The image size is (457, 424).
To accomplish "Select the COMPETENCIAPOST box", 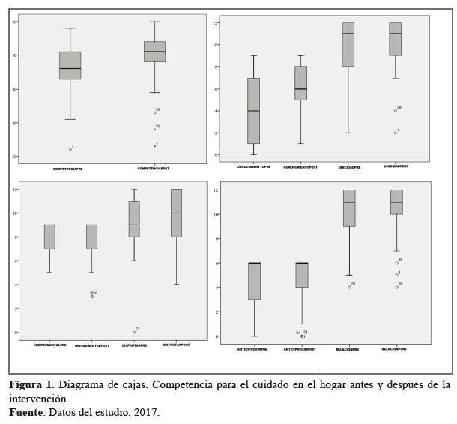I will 154,52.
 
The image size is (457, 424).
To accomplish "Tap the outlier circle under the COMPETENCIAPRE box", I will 70,149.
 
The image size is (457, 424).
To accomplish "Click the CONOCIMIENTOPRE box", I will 253,110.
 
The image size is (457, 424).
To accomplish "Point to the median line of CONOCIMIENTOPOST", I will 300,89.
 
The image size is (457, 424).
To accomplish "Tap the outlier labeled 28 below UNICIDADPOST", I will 396,111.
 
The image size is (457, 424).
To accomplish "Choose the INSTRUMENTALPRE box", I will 49,237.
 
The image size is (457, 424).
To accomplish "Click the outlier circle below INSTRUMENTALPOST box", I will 92,297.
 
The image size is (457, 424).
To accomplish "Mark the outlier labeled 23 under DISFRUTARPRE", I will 134,332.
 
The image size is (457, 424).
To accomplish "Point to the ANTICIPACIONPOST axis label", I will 300,348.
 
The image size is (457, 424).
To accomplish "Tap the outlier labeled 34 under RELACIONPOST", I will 396,263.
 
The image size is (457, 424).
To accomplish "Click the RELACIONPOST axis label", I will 395,348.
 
